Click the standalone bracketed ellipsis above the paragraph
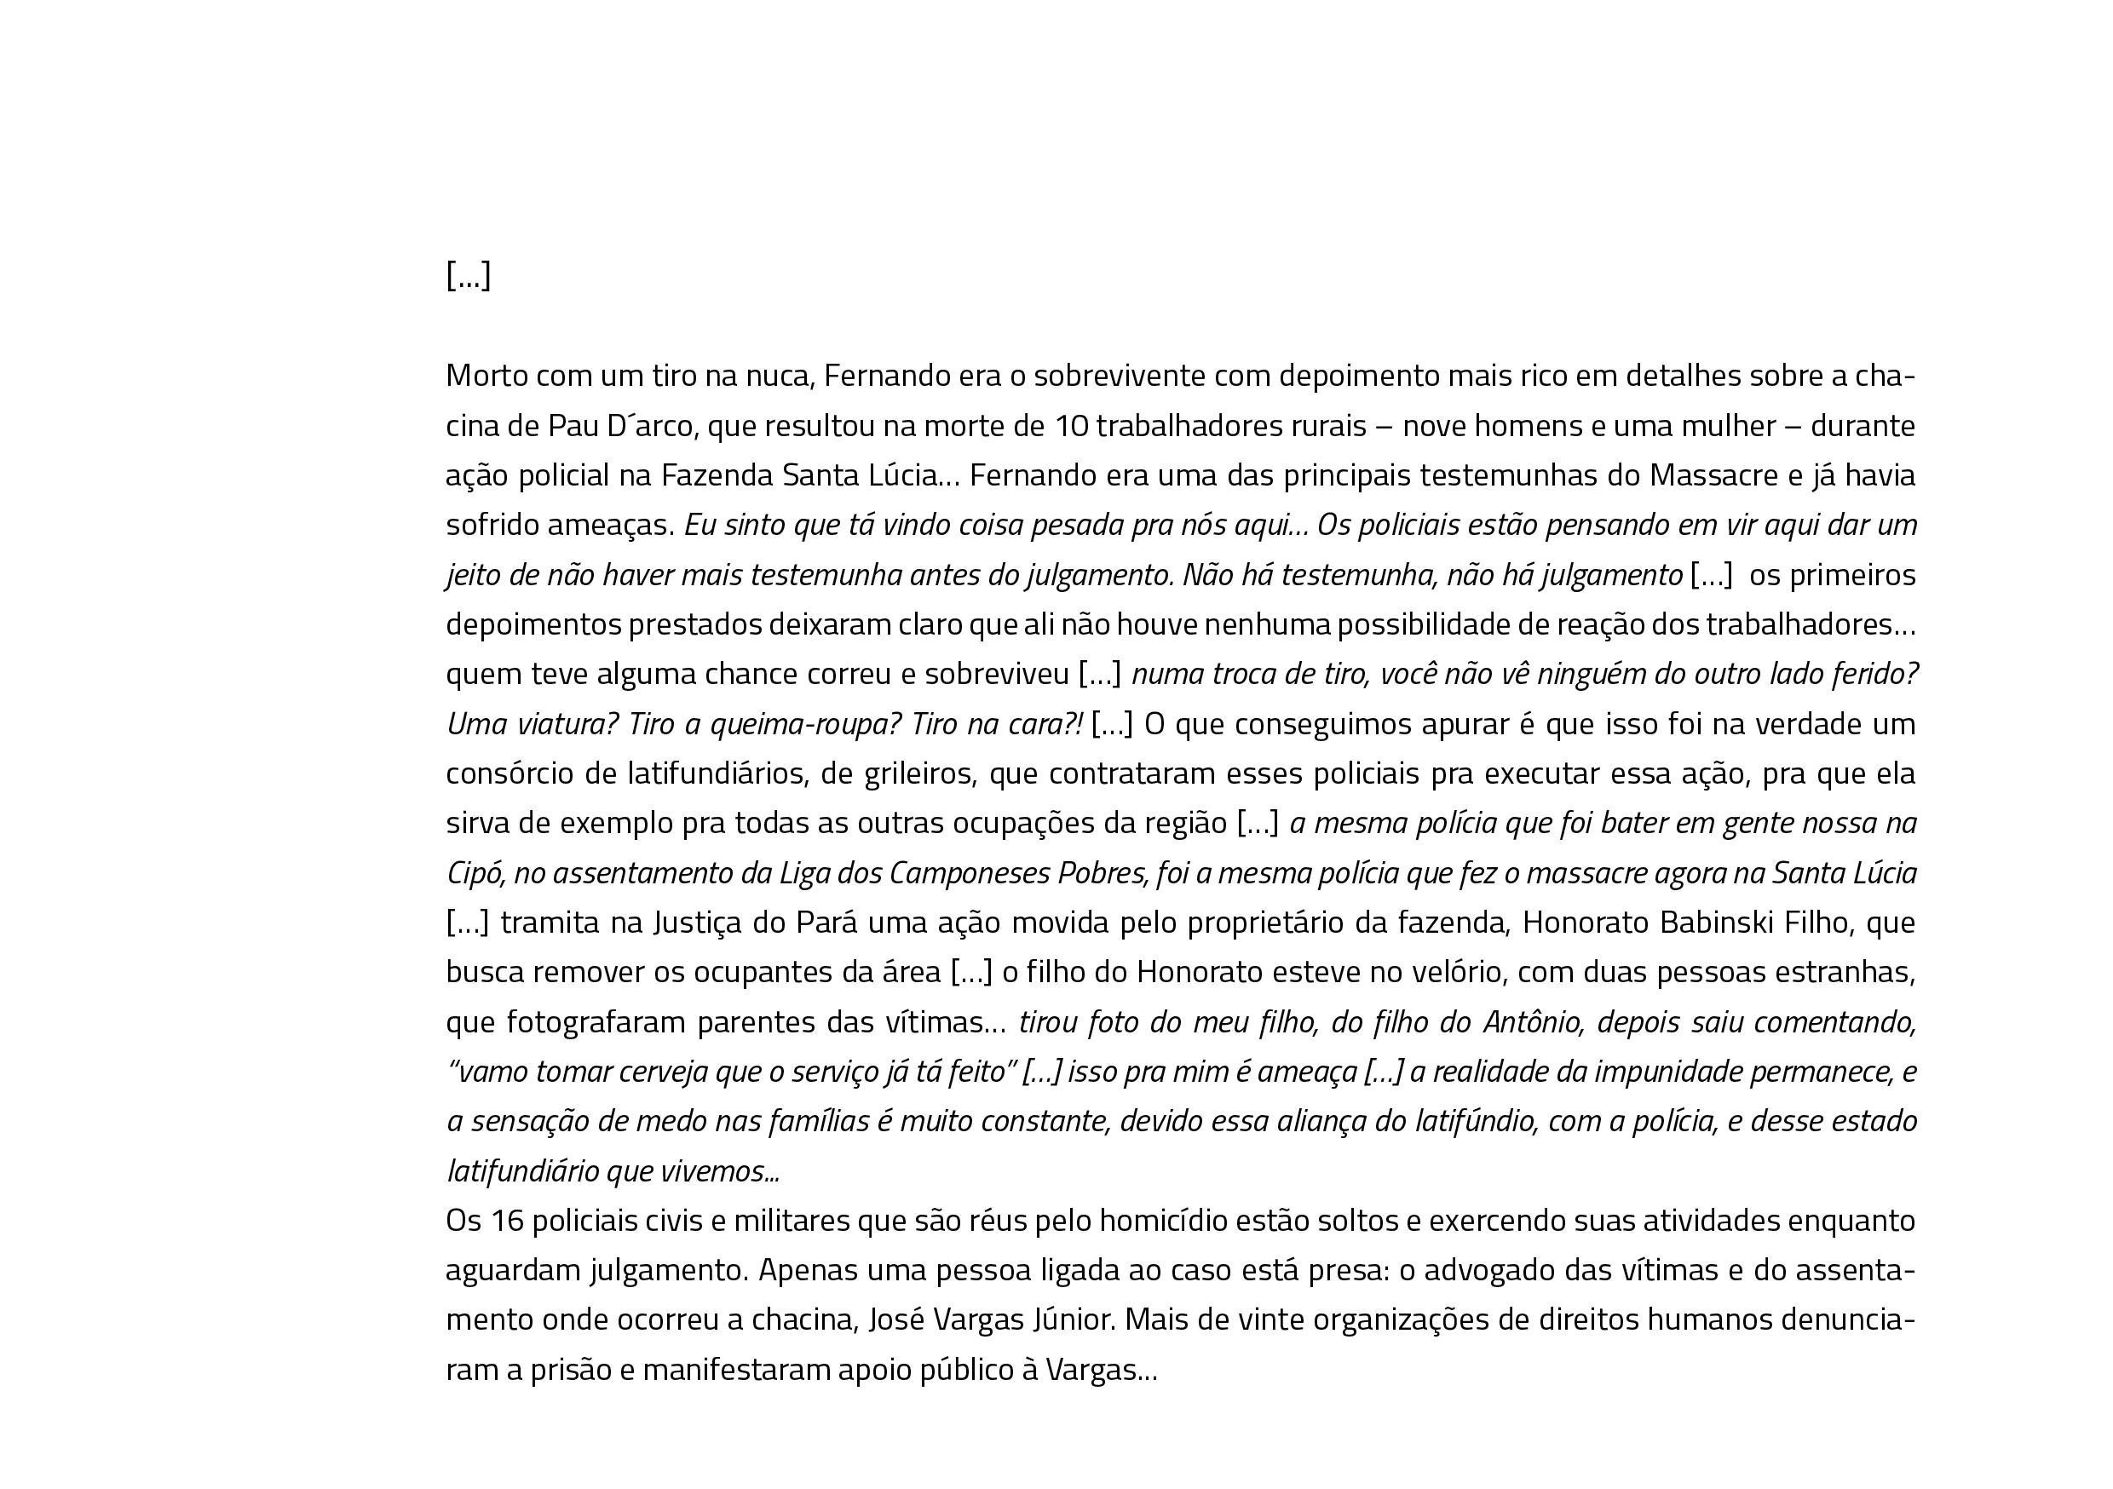click(x=469, y=275)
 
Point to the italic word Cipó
click(x=475, y=873)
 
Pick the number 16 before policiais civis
click(x=506, y=1222)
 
